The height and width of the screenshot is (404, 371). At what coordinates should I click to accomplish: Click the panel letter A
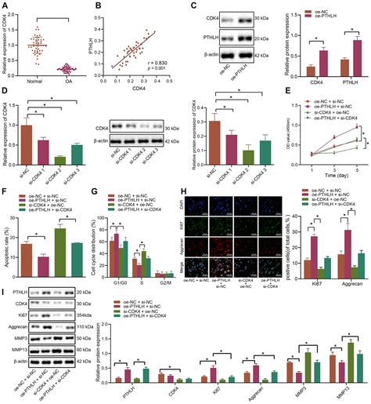(5, 6)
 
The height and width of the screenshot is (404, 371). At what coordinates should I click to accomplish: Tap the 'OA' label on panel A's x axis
(67, 80)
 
